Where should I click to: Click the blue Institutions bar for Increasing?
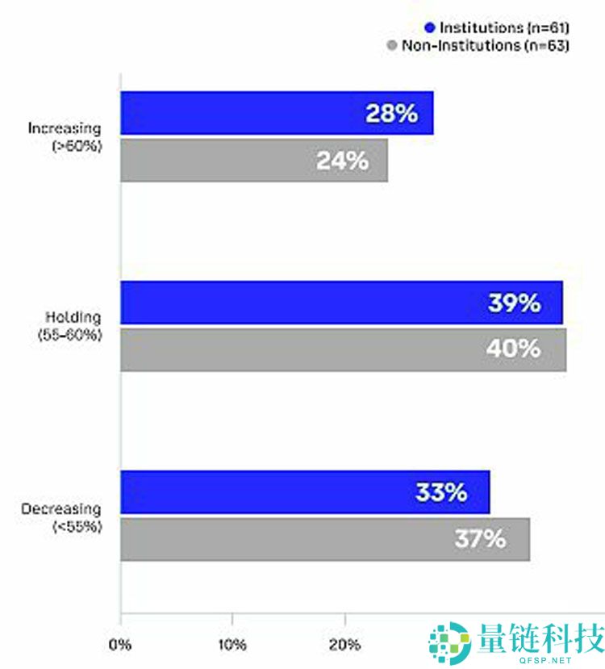pos(277,113)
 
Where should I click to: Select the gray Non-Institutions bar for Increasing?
pos(254,161)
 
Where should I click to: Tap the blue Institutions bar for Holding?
pos(341,303)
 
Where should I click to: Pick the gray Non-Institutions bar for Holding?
pos(343,349)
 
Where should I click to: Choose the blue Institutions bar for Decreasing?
pos(305,492)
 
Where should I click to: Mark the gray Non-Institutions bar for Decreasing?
pos(325,539)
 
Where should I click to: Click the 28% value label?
pos(391,113)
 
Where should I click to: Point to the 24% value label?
pos(342,161)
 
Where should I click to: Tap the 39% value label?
pos(514,303)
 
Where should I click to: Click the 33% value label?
pos(441,492)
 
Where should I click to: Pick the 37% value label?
pos(480,539)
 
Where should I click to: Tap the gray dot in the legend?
pos(393,46)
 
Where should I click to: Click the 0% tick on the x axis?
pos(120,646)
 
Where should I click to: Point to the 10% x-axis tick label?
pos(232,646)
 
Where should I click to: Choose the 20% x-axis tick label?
pos(344,646)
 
